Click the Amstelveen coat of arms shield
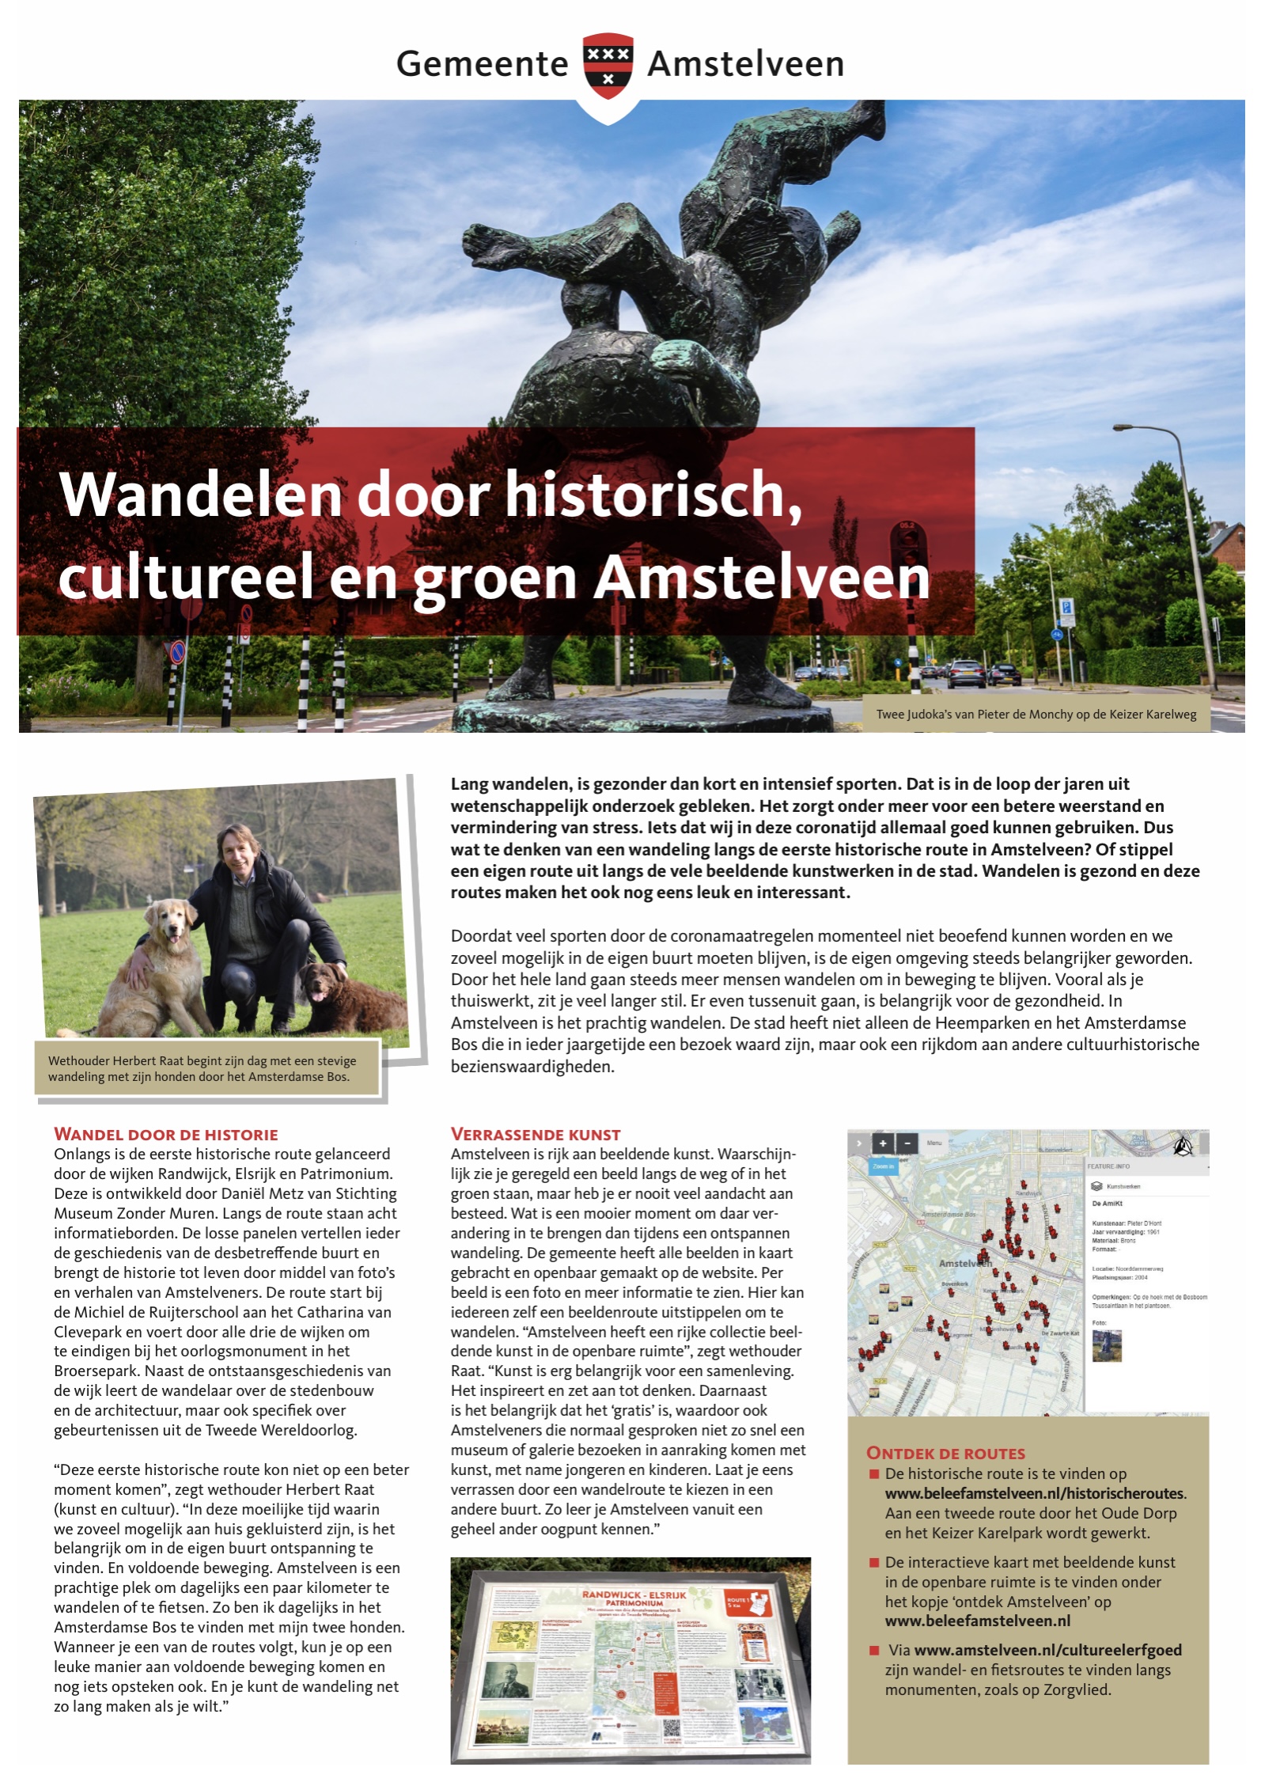tap(608, 66)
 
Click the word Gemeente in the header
tap(482, 64)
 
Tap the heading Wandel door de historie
tap(166, 1134)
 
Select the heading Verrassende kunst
tap(536, 1134)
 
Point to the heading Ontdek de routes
tap(945, 1453)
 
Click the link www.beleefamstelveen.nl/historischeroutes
tap(1035, 1493)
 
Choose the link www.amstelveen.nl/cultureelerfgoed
tap(1047, 1650)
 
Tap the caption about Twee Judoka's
tap(1036, 714)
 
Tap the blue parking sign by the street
tap(1066, 609)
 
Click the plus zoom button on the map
tap(882, 1143)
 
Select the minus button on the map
tap(907, 1143)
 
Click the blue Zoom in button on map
tap(883, 1166)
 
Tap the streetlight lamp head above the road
tap(1123, 428)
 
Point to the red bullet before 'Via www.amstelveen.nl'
tap(874, 1651)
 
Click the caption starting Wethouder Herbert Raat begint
tap(202, 1068)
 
